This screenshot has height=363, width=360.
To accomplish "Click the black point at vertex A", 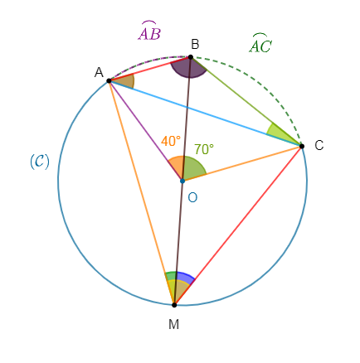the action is click(109, 80).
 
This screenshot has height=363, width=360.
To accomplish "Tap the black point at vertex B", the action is click(190, 57).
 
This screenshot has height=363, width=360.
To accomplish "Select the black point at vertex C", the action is click(302, 146).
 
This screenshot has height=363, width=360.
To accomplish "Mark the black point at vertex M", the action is click(174, 305).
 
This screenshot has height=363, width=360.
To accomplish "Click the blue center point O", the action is click(182, 181).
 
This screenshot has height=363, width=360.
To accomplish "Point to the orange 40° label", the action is click(171, 141).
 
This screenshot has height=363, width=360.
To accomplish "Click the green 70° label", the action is click(204, 149).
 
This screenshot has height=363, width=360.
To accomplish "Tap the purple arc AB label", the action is click(149, 31).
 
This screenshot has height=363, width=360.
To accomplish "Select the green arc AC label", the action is click(260, 43).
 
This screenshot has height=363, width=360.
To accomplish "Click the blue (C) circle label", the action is click(40, 162).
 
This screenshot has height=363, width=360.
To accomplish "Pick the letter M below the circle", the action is click(173, 324).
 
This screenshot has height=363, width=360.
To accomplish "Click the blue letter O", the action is click(192, 198).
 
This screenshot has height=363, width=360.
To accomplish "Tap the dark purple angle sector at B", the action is click(188, 69).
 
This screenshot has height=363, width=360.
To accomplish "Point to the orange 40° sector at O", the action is click(176, 167).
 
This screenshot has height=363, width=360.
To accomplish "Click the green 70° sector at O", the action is click(193, 167).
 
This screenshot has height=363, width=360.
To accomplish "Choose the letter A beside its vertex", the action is click(99, 73).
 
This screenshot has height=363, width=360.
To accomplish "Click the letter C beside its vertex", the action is click(319, 145).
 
